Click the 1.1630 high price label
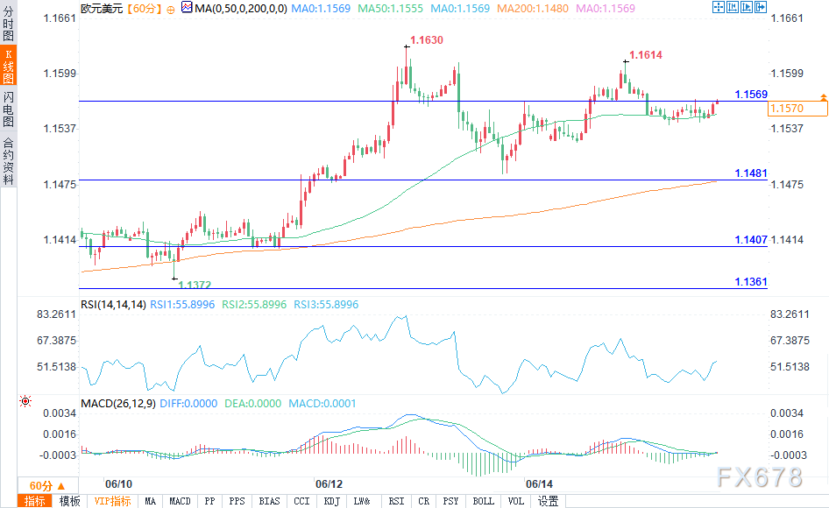tap(427, 40)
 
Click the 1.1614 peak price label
tap(646, 55)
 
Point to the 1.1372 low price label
tap(195, 285)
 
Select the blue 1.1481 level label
tap(751, 173)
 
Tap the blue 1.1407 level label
tap(751, 239)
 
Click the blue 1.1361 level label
tap(751, 282)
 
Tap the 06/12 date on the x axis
tap(329, 483)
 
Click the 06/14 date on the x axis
tap(539, 483)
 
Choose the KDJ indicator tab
tap(331, 501)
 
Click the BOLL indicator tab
tap(483, 501)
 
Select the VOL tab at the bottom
tap(516, 501)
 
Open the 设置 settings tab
tap(549, 501)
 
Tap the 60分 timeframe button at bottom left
tap(41, 485)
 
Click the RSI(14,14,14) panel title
tap(113, 305)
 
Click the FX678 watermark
tap(759, 476)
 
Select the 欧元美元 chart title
tap(102, 8)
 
